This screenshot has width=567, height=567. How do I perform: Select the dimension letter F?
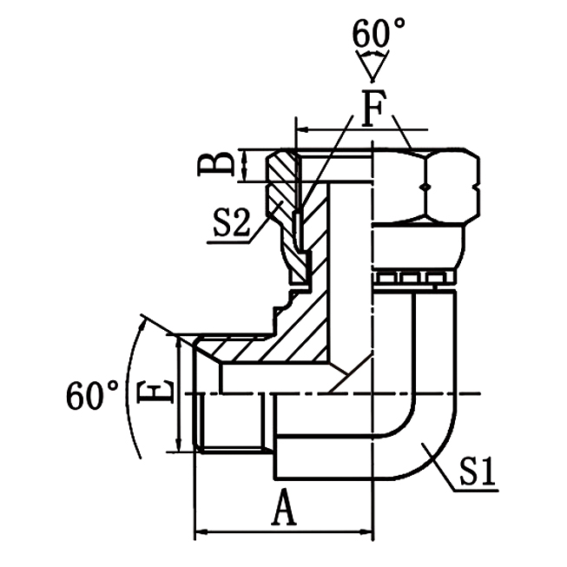(x=373, y=110)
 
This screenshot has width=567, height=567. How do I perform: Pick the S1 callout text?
(x=478, y=474)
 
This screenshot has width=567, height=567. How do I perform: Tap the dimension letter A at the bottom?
(x=283, y=510)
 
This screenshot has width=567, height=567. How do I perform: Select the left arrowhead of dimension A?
(x=199, y=530)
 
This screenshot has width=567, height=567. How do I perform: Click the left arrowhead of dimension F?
(x=302, y=131)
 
